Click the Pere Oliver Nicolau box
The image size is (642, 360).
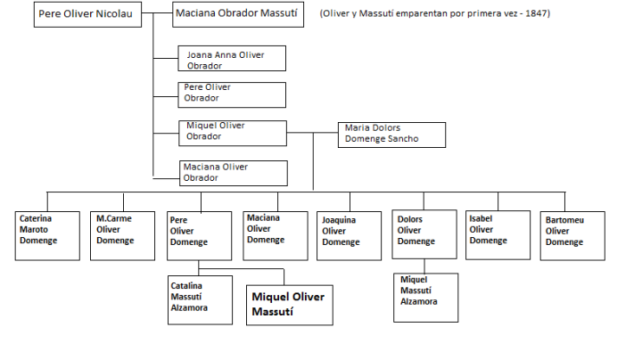88,15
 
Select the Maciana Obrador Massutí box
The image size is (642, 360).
237,15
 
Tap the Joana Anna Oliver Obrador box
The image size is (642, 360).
232,59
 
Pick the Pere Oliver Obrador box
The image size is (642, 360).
232,94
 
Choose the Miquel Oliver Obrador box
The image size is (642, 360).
232,132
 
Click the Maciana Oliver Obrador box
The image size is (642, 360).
232,172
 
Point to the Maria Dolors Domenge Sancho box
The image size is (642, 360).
391,134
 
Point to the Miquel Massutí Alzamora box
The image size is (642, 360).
425,296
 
